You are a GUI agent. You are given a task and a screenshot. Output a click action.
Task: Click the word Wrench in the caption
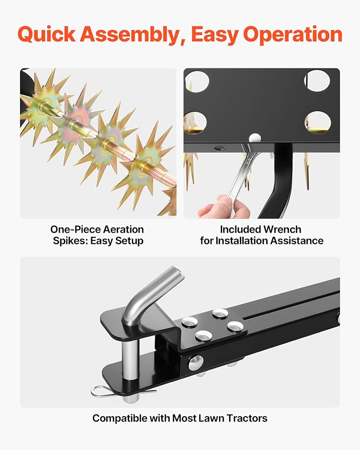282,230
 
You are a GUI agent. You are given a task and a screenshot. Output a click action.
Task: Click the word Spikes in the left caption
70,241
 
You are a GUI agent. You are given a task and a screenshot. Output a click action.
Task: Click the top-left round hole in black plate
197,82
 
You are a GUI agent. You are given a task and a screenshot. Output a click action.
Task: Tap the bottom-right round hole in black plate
318,122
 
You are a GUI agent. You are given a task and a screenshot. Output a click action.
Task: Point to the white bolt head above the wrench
255,138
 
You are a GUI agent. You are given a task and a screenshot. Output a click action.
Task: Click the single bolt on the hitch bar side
196,363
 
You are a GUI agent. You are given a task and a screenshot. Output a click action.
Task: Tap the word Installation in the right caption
268,241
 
